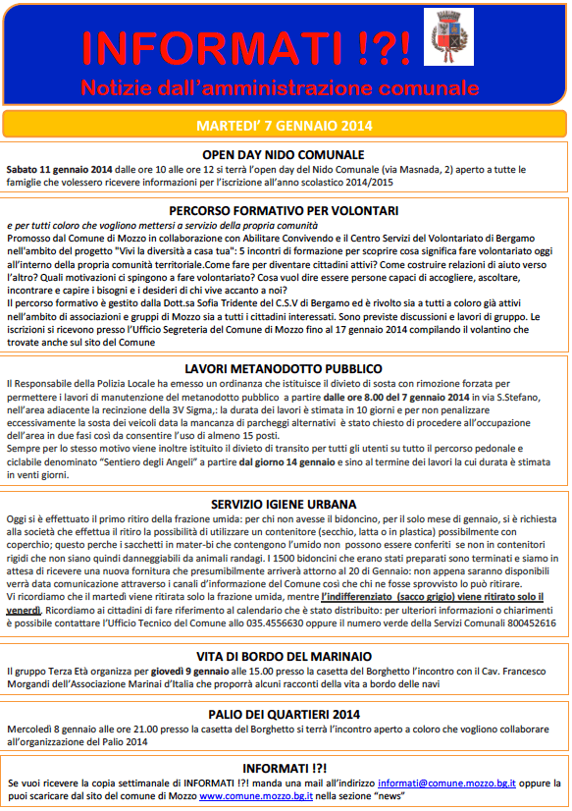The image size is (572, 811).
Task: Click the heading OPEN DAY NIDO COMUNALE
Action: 283,155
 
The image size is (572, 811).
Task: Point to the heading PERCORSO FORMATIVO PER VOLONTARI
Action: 283,210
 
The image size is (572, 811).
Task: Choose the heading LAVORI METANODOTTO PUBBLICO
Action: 283,366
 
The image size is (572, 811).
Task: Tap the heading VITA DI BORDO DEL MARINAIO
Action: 283,656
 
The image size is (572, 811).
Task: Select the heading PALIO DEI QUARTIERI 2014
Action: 283,714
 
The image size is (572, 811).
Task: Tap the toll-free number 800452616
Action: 529,623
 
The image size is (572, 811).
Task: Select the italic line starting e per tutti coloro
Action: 136,226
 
